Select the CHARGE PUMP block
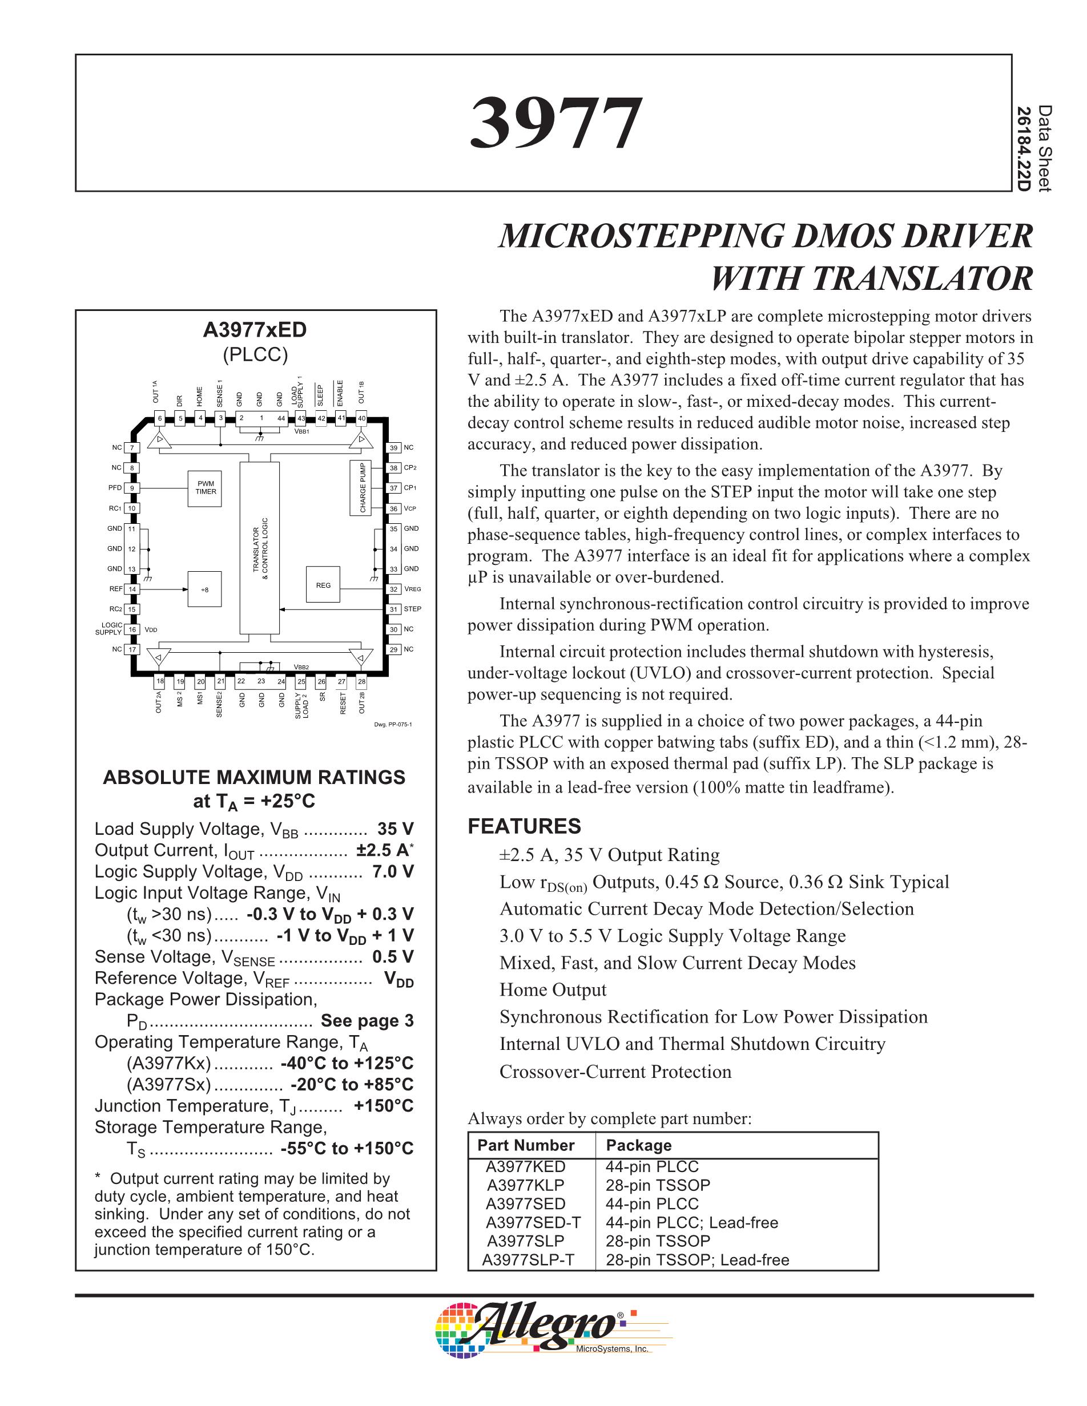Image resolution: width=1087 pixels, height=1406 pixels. pos(363,487)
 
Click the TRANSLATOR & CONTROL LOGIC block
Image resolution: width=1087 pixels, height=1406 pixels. pos(260,547)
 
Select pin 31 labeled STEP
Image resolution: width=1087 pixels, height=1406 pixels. pos(393,609)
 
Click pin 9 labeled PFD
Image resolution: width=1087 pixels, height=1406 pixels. pos(132,488)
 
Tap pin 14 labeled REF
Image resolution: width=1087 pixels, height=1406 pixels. pos(132,589)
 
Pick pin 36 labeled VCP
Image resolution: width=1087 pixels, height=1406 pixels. pos(393,508)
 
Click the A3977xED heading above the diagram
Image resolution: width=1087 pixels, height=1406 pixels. pos(255,330)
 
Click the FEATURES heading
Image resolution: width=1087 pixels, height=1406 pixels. pos(524,827)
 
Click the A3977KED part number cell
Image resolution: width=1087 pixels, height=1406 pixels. pos(525,1166)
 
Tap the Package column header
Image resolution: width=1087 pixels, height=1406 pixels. pos(639,1145)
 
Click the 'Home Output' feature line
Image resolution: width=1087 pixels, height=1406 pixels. pos(553,989)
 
